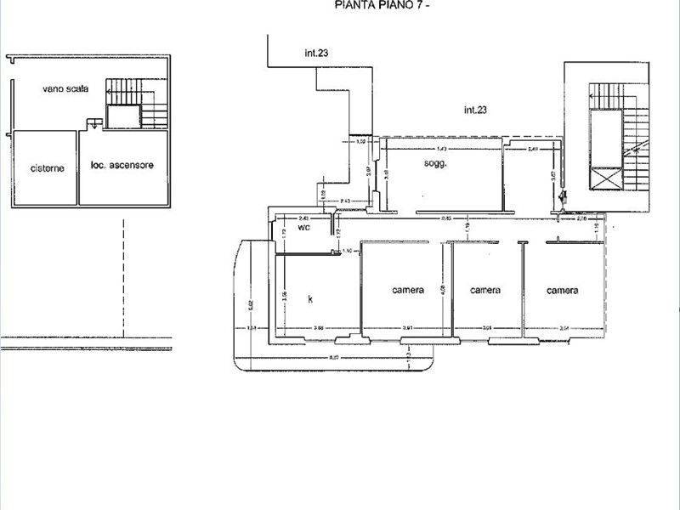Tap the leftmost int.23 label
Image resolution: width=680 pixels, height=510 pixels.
coord(317,53)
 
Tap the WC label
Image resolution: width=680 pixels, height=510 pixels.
coord(304,228)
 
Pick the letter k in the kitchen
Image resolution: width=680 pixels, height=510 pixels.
coord(311,298)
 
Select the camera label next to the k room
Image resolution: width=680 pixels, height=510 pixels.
coord(408,291)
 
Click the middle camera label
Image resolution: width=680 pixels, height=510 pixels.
coord(485,291)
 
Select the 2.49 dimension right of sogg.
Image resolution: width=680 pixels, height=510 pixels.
coord(533,150)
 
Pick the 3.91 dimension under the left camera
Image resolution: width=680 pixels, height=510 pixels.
coord(408,328)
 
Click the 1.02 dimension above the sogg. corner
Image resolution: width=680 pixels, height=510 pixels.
coord(360,142)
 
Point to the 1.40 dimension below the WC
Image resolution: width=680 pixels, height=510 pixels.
coord(346,251)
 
